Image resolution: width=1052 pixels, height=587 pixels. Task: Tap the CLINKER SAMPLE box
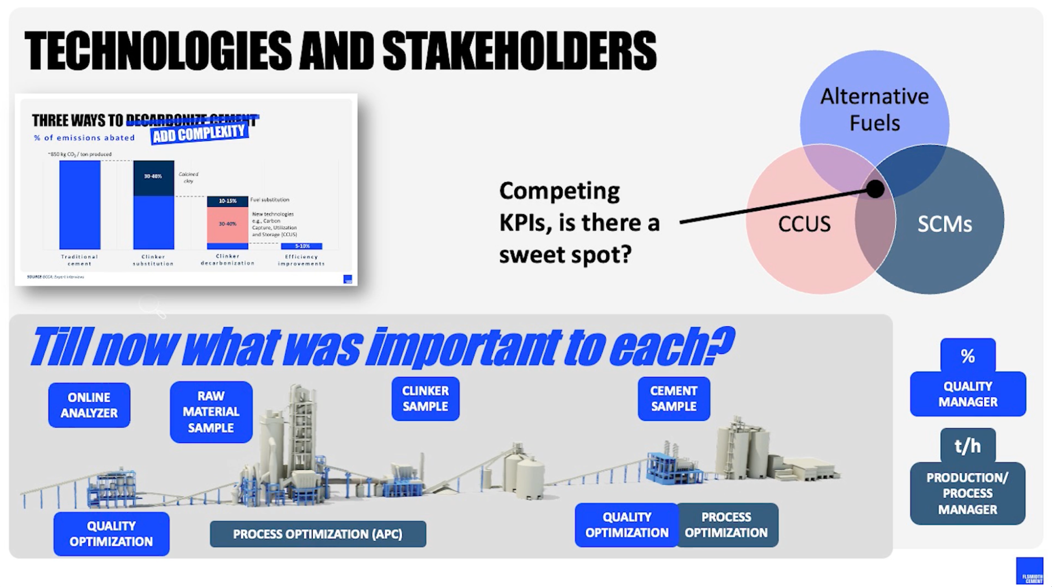coord(425,399)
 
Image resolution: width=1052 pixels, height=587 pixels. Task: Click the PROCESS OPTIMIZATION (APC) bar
coord(318,534)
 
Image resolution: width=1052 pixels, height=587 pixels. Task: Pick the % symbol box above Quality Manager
coord(967,355)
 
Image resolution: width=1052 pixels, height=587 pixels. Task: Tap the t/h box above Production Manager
coord(967,446)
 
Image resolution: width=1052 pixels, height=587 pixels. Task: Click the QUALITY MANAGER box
coord(967,394)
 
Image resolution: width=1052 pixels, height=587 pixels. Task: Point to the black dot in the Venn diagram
coord(875,189)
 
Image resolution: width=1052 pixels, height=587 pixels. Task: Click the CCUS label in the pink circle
coord(804,224)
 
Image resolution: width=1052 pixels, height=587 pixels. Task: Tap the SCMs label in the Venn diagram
coord(945,224)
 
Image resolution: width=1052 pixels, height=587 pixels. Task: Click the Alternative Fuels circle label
coord(874,109)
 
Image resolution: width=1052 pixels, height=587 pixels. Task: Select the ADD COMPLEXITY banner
coord(199,133)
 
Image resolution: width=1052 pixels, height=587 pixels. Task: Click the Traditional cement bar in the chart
coord(80,204)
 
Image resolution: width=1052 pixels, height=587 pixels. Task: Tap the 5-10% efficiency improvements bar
coord(301,246)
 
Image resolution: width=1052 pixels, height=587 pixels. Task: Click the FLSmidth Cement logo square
coord(1030,570)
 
